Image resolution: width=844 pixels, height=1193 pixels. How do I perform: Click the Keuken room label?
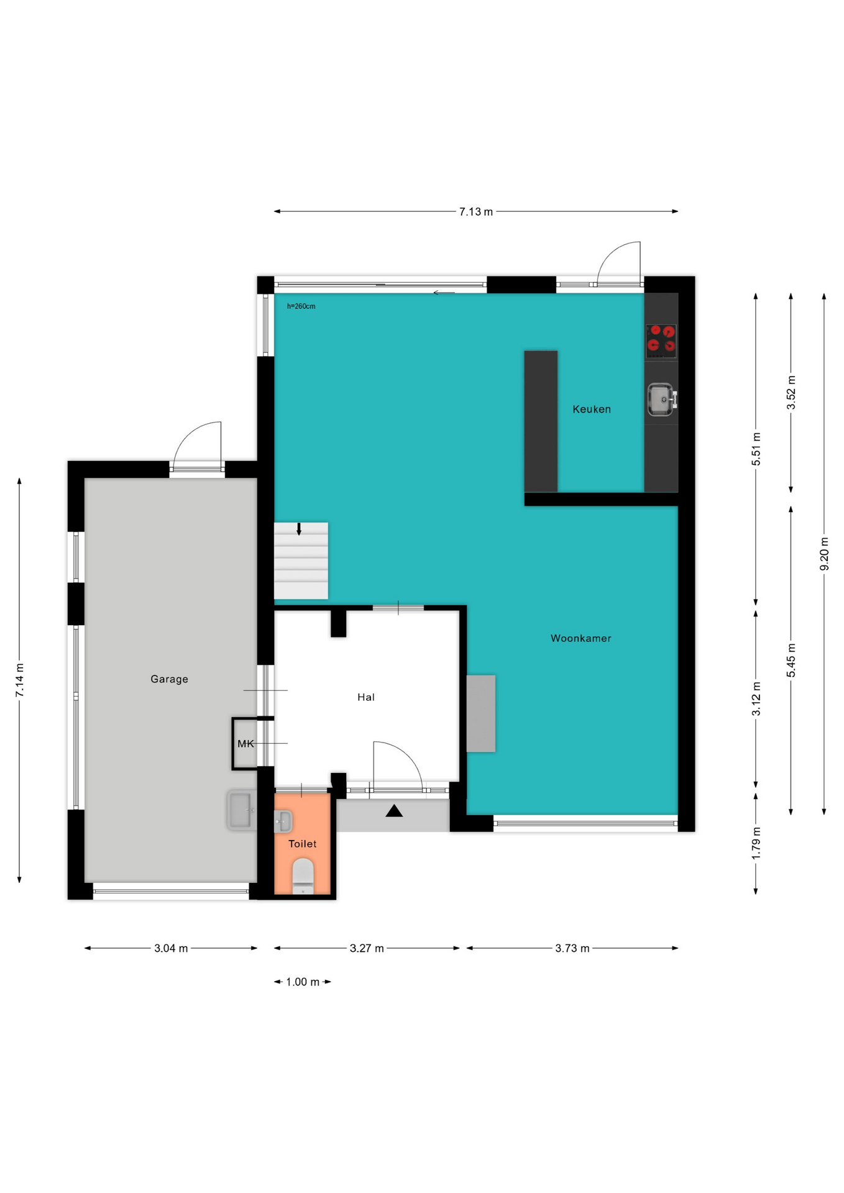pyautogui.click(x=592, y=409)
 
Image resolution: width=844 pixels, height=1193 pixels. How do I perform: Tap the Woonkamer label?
pyautogui.click(x=581, y=638)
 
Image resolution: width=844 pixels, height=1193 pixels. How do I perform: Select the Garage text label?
pyautogui.click(x=169, y=679)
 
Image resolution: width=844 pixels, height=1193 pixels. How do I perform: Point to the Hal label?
pyautogui.click(x=366, y=697)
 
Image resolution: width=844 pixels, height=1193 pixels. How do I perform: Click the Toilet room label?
pyautogui.click(x=303, y=844)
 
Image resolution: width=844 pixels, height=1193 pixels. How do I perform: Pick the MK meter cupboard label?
pyautogui.click(x=245, y=744)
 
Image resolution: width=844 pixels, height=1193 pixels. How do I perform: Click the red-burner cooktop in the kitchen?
pyautogui.click(x=661, y=341)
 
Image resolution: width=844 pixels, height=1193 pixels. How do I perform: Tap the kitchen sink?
pyautogui.click(x=662, y=399)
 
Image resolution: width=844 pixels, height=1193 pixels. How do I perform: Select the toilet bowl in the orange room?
pyautogui.click(x=303, y=876)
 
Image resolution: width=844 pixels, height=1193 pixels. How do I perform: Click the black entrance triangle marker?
pyautogui.click(x=394, y=811)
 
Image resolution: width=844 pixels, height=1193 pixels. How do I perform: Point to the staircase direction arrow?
pyautogui.click(x=299, y=529)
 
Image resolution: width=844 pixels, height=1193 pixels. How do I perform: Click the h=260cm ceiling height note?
pyautogui.click(x=301, y=306)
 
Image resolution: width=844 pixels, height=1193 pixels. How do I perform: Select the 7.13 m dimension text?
pyautogui.click(x=476, y=212)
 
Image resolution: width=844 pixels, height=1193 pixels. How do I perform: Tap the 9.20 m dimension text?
pyautogui.click(x=824, y=554)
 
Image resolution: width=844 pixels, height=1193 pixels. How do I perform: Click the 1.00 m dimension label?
pyautogui.click(x=303, y=982)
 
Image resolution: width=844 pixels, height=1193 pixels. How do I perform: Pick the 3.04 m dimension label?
pyautogui.click(x=171, y=949)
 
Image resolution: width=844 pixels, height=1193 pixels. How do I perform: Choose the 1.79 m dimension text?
pyautogui.click(x=756, y=844)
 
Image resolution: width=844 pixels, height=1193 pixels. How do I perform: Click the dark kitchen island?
pyautogui.click(x=541, y=421)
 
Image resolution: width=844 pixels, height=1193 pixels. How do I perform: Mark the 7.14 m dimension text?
pyautogui.click(x=20, y=680)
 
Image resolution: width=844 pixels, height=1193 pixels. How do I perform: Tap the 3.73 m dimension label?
pyautogui.click(x=572, y=949)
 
